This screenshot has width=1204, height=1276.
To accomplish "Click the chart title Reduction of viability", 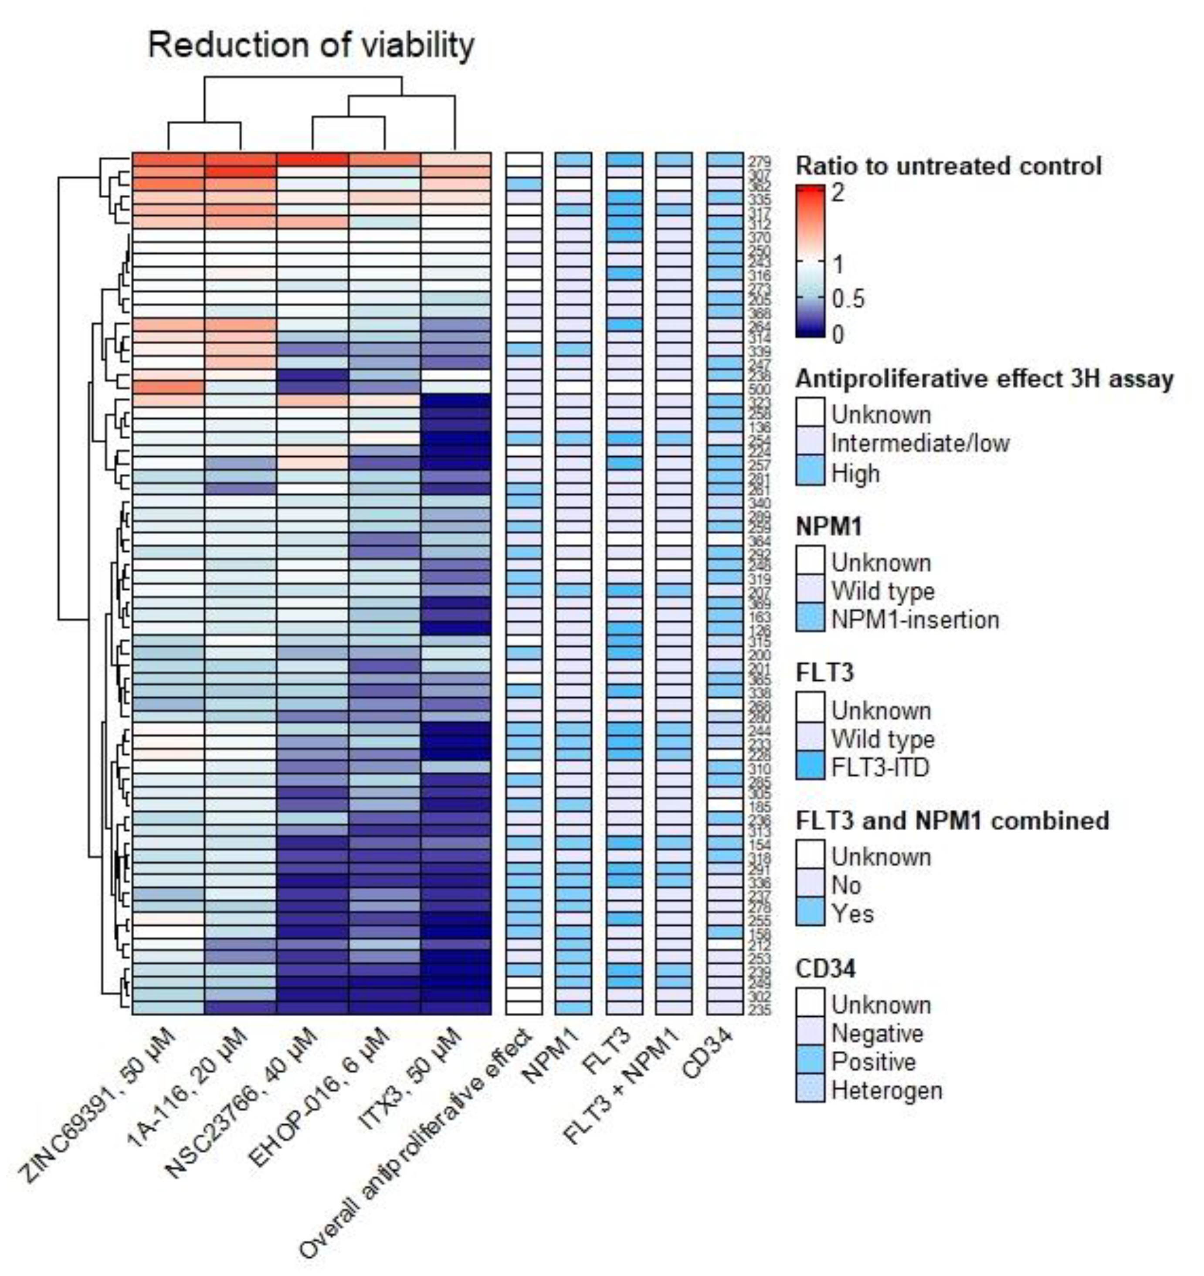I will [x=311, y=46].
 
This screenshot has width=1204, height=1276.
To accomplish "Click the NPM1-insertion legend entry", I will [x=915, y=620].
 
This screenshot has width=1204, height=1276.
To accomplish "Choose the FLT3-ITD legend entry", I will [x=880, y=768].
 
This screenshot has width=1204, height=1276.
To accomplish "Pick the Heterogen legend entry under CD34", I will [x=886, y=1090].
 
